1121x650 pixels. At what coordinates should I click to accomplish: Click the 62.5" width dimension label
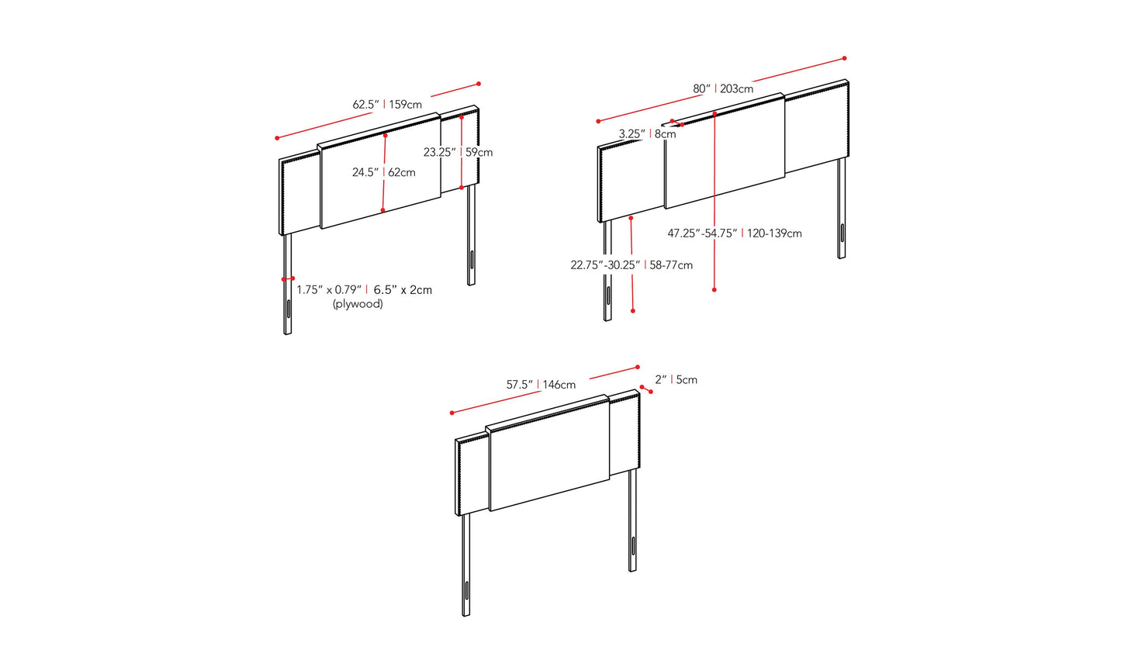366,105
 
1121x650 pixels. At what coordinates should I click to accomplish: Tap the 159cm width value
406,105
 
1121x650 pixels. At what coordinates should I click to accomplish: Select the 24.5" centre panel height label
365,173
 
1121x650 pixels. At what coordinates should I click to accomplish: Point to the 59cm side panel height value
479,152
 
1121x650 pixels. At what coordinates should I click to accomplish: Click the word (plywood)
358,304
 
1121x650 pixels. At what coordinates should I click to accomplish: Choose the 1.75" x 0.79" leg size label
329,290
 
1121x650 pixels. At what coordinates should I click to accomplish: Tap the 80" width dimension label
701,88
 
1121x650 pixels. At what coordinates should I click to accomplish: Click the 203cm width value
737,88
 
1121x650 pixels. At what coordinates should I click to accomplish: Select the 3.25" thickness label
632,134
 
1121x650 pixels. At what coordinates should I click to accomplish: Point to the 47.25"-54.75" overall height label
703,233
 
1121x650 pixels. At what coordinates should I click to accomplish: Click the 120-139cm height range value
774,233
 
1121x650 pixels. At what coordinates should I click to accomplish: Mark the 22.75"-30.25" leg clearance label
606,264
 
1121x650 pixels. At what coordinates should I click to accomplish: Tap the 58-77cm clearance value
671,264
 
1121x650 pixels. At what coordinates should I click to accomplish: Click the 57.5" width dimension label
520,385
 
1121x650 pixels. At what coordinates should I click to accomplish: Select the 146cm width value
559,385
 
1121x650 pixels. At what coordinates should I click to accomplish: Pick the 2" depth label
661,380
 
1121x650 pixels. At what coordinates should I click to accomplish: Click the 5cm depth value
687,380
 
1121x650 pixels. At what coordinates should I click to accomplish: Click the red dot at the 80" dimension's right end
844,58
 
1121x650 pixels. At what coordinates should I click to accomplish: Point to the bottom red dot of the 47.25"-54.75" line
714,290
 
